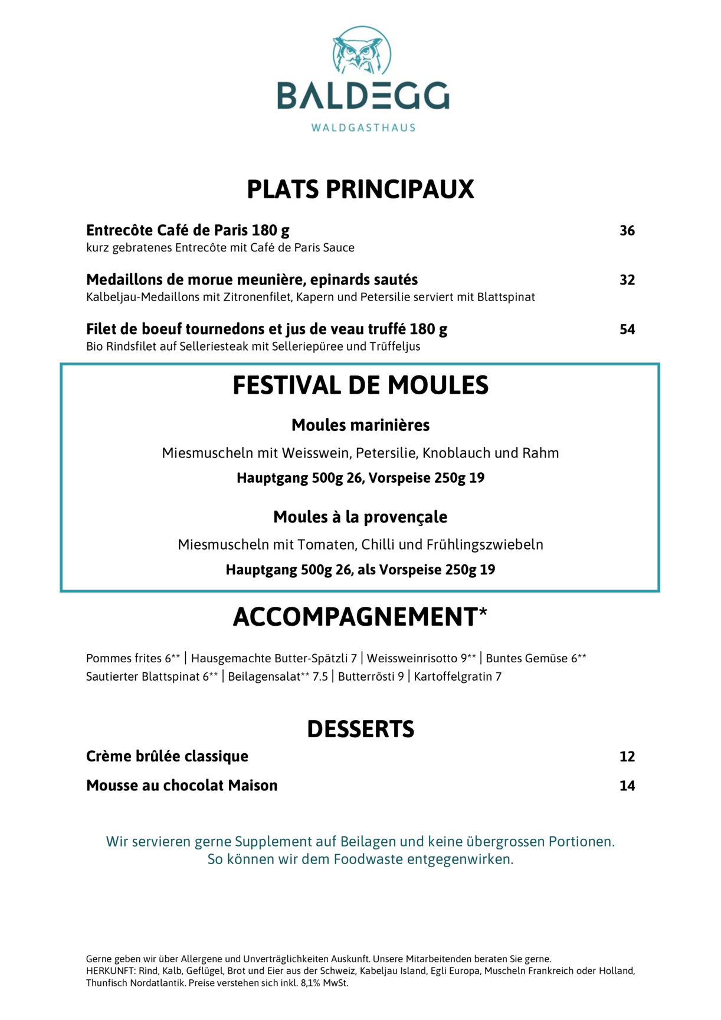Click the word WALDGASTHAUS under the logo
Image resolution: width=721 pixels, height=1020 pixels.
tap(363, 127)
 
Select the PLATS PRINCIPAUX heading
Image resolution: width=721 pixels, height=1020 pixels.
tap(360, 189)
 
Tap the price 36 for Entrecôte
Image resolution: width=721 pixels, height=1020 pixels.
tap(627, 231)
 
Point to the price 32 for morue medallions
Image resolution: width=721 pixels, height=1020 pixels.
tap(627, 280)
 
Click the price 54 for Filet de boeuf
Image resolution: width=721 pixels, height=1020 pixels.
tap(627, 330)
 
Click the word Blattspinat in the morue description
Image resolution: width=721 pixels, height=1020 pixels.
tap(506, 297)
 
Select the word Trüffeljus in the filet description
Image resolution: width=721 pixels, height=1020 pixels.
tap(395, 346)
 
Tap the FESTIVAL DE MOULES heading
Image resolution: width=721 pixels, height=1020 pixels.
tap(360, 385)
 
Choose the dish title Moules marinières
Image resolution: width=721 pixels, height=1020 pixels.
tap(360, 425)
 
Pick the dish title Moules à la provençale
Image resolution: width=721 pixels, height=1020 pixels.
tap(360, 517)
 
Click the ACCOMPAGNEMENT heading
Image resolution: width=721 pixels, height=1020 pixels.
tap(355, 617)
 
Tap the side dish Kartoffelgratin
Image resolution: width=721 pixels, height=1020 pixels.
tap(453, 676)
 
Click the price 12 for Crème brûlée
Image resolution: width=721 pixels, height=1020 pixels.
tap(627, 757)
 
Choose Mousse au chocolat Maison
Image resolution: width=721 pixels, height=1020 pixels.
tap(182, 786)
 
